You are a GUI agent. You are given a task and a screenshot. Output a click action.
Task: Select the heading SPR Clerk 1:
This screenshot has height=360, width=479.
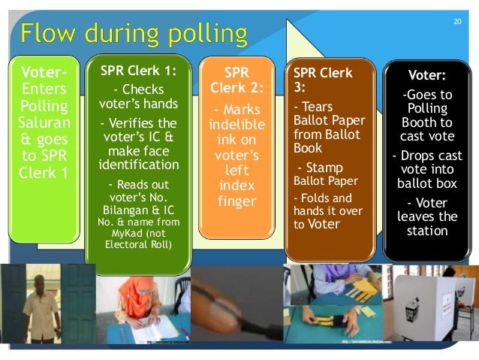pyautogui.click(x=140, y=72)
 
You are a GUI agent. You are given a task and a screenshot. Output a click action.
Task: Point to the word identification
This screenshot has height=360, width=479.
pyautogui.click(x=140, y=165)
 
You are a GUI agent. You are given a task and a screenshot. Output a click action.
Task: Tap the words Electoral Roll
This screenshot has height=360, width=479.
pyautogui.click(x=140, y=244)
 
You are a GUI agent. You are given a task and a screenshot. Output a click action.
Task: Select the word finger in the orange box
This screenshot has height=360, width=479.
pyautogui.click(x=236, y=201)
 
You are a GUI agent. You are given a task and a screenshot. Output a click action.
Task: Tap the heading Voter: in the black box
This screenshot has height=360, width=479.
pyautogui.click(x=426, y=75)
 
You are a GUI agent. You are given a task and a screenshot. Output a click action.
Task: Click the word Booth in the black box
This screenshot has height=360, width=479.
pyautogui.click(x=426, y=123)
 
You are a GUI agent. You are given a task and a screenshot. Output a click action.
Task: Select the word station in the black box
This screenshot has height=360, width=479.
pyautogui.click(x=426, y=231)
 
